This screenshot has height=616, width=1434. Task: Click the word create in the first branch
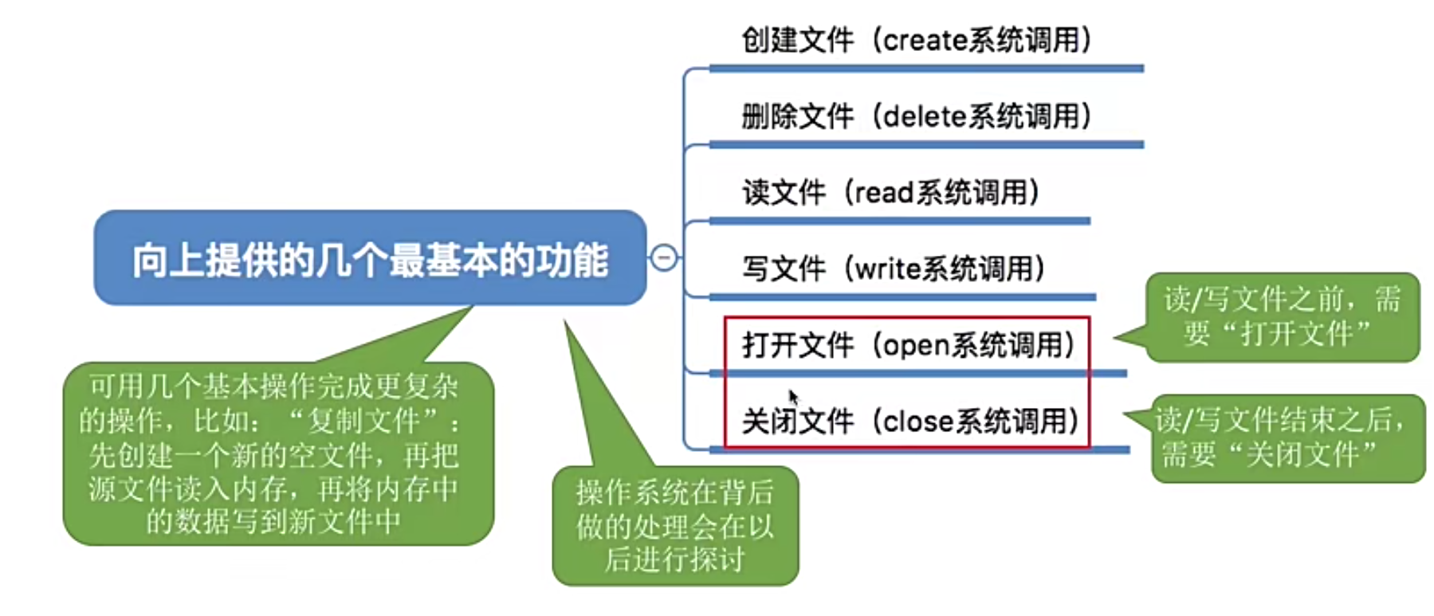coord(925,40)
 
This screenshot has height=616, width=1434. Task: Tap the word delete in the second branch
coord(925,116)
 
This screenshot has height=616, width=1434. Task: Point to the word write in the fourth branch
coord(887,269)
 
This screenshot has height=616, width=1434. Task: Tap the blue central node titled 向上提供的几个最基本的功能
coord(370,259)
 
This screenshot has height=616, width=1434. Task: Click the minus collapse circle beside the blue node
coord(664,257)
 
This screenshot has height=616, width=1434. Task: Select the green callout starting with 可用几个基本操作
coord(278,453)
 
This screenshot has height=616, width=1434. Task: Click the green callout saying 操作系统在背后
coord(675,526)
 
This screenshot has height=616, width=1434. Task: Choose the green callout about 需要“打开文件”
coord(1282,317)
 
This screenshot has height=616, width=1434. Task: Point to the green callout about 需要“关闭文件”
coord(1287,438)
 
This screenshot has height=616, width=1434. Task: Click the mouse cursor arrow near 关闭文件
coord(793,396)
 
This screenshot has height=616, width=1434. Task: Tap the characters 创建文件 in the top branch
coord(797,40)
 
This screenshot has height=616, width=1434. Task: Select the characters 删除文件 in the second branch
coord(797,116)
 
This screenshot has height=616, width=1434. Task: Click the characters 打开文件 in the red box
coord(797,346)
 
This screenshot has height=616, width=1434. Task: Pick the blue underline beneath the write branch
coord(901,297)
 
